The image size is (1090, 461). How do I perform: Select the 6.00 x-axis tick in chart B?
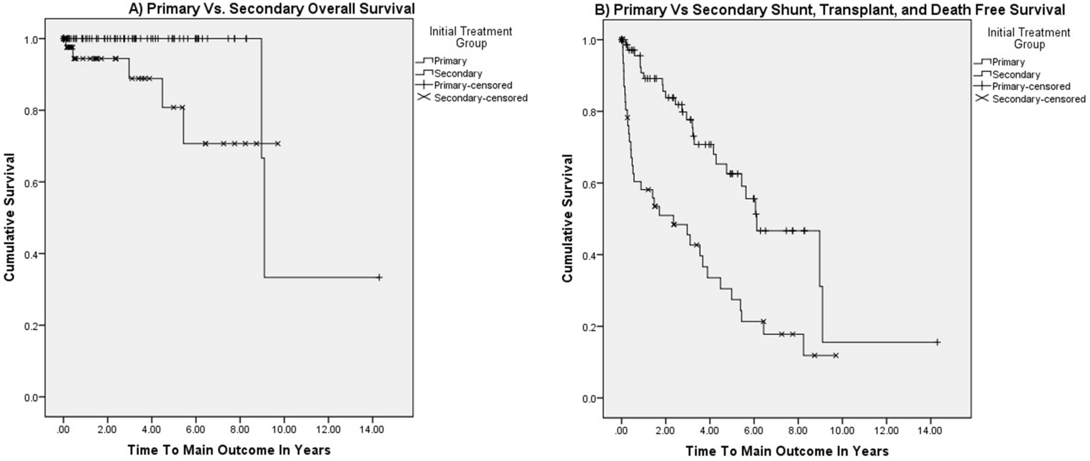tap(754, 431)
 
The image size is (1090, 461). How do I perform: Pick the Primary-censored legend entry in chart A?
tap(473, 85)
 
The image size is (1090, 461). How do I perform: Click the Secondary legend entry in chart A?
tap(458, 73)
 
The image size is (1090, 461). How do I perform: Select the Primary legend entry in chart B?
tap(1008, 62)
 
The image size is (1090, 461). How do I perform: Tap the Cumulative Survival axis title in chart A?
tap(9, 217)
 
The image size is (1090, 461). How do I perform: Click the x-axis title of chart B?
tap(787, 451)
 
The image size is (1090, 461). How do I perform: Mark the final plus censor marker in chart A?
tap(379, 277)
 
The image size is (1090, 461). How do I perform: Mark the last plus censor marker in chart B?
tap(937, 342)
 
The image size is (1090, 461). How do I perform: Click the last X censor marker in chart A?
tap(278, 144)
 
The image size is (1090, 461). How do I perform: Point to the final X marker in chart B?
tap(836, 356)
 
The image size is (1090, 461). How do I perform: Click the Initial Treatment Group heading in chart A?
tap(471, 37)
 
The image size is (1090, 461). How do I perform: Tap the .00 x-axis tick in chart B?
tap(622, 431)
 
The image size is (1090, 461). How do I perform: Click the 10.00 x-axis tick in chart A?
tap(284, 429)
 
